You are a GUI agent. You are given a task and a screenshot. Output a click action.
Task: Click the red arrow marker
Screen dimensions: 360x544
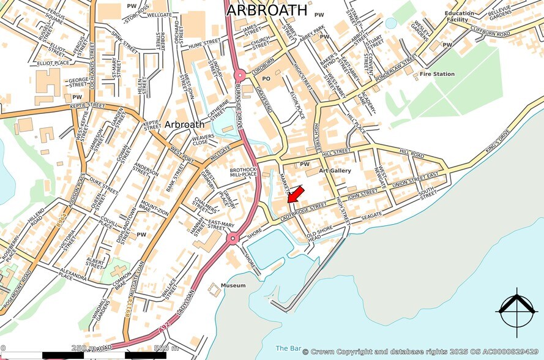point(295,195)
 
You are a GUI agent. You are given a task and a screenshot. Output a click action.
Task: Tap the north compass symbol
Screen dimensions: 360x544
point(518,309)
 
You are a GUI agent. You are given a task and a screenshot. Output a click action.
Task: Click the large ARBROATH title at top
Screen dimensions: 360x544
point(267,10)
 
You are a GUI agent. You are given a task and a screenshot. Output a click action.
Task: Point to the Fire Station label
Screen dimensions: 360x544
point(436,74)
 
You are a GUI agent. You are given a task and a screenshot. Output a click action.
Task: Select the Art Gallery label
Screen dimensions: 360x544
point(335,171)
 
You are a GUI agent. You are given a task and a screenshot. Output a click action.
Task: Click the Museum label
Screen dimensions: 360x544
point(233,285)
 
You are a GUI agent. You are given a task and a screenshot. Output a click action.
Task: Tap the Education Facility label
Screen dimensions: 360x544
point(460,17)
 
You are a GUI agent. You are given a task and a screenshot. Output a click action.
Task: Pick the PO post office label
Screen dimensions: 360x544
point(266,79)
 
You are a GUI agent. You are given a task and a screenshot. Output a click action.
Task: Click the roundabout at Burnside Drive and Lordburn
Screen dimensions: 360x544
point(239,75)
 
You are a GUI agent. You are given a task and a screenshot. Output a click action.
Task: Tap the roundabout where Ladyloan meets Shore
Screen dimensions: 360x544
point(232,239)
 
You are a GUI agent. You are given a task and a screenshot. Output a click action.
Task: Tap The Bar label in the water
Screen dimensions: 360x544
point(286,348)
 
